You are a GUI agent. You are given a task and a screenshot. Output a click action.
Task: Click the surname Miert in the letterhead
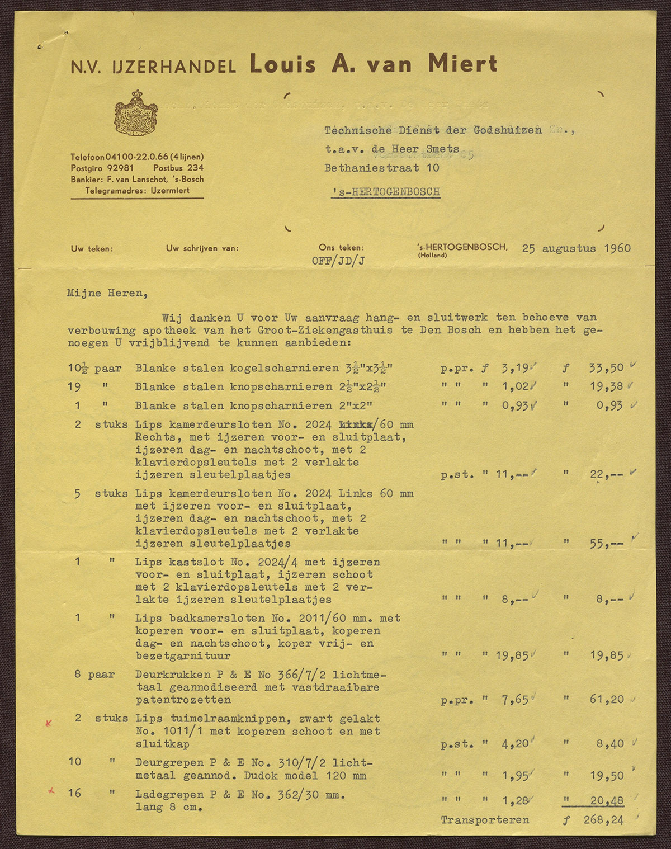click(x=462, y=64)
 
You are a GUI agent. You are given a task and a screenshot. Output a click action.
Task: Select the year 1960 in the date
click(x=617, y=248)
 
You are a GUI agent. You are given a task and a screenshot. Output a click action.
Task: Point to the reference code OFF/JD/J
click(x=339, y=261)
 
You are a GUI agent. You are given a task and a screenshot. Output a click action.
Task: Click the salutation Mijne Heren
click(x=105, y=293)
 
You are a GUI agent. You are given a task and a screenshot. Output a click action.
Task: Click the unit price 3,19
click(x=513, y=368)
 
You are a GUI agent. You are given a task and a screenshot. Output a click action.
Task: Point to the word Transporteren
click(x=485, y=820)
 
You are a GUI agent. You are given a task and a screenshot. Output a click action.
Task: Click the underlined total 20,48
click(x=607, y=801)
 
